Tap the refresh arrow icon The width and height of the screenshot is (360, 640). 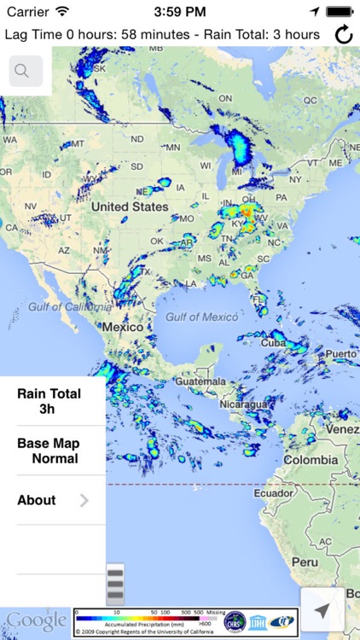[343, 34]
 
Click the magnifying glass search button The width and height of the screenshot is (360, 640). [26, 71]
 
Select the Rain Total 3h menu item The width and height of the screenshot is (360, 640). [49, 401]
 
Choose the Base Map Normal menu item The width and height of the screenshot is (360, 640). [49, 451]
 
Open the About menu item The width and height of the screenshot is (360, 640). [52, 500]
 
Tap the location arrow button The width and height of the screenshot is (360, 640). [322, 610]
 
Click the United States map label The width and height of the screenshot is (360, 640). [130, 207]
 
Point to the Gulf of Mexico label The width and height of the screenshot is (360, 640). [201, 317]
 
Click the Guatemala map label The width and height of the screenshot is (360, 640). [201, 381]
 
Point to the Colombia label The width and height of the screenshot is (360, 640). [311, 459]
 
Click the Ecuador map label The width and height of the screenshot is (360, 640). [273, 492]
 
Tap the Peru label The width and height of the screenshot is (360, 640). [305, 561]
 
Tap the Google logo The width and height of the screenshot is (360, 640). [36, 620]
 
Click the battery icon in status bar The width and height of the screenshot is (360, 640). [340, 11]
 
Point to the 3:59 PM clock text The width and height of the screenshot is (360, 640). [179, 12]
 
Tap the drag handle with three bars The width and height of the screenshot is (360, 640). [115, 585]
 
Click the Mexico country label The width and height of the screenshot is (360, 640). [123, 327]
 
